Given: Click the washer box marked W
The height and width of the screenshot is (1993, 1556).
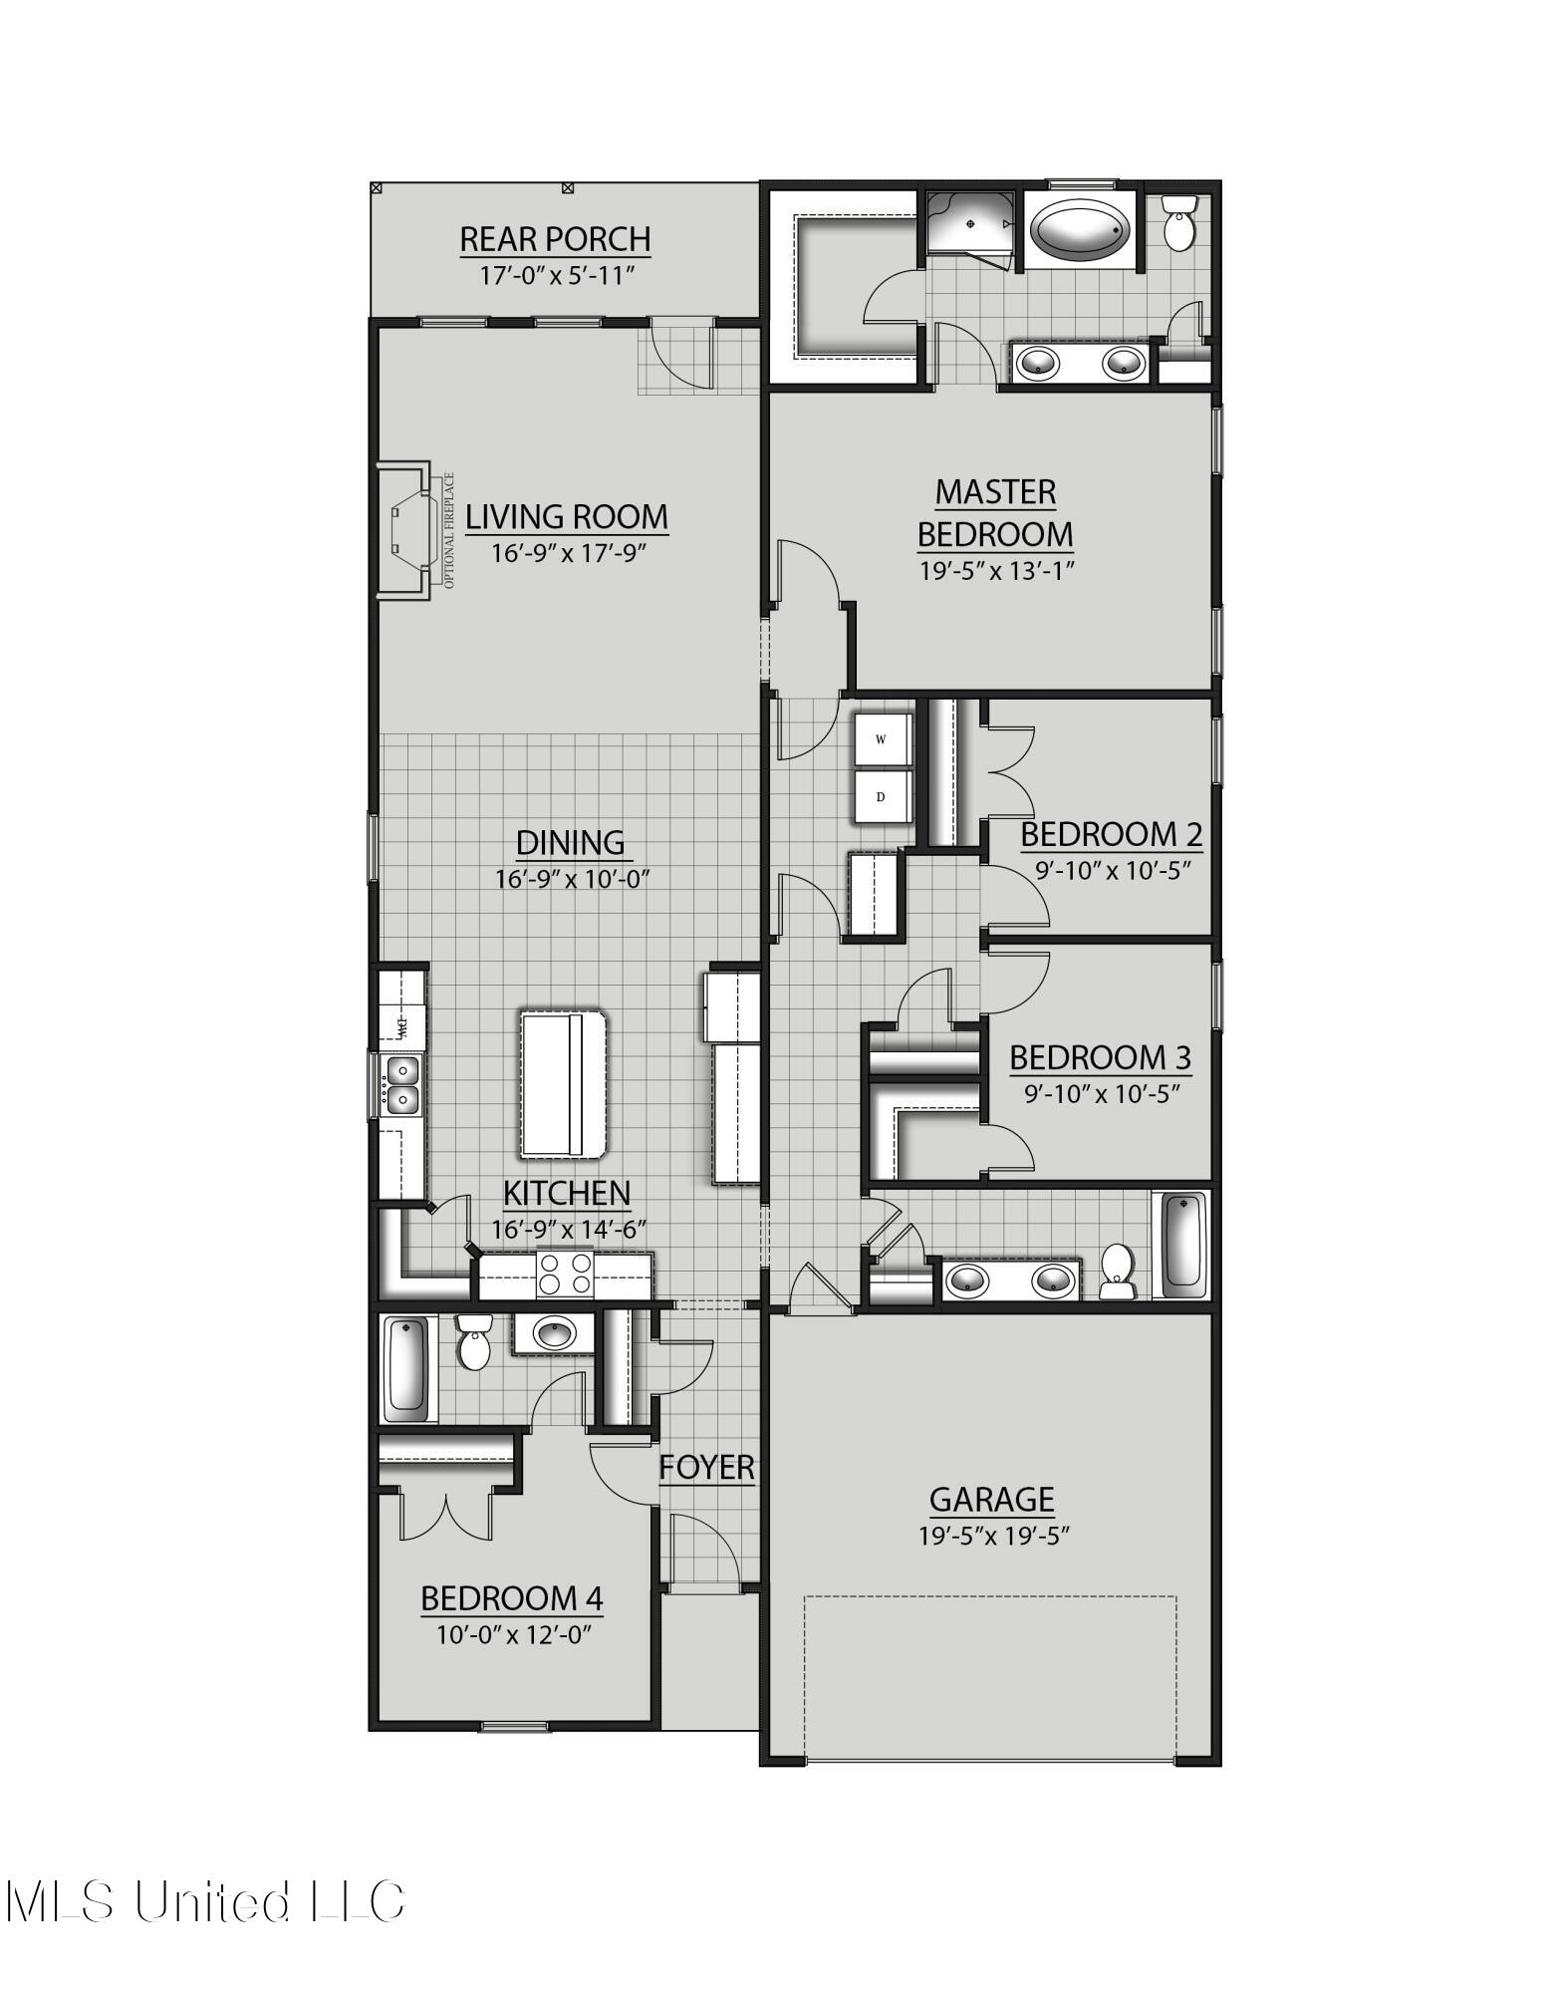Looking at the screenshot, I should (882, 739).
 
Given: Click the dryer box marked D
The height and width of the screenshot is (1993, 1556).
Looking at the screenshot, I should (882, 797).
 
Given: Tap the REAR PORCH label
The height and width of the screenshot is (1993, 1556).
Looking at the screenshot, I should (555, 239).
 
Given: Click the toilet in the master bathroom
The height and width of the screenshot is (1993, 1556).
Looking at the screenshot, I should (1179, 223).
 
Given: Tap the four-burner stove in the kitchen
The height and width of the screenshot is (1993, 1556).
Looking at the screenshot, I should (565, 1275).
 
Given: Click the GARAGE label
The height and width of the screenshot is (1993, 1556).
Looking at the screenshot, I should (991, 1499).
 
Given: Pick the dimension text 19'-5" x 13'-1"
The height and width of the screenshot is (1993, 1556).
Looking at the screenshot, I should (995, 571).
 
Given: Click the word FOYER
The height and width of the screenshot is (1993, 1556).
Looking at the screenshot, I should (706, 1467).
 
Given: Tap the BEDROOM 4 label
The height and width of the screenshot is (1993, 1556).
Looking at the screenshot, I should (512, 1598).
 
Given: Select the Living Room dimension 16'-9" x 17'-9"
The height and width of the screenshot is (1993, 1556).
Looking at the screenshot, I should (568, 552).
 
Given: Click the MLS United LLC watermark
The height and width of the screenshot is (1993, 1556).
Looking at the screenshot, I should (204, 1901).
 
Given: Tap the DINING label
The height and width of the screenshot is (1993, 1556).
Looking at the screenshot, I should (571, 843).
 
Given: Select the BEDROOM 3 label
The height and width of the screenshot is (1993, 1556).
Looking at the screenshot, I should (1100, 1057).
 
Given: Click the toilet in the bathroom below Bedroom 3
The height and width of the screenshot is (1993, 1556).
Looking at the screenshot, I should (1118, 1273).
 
